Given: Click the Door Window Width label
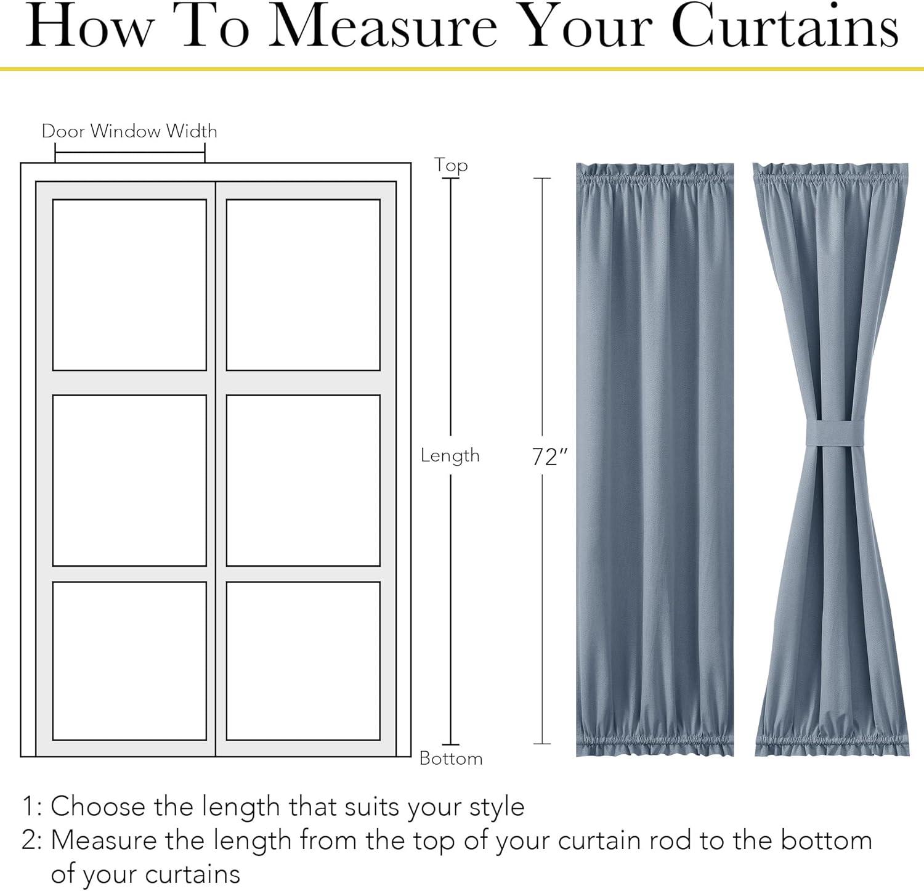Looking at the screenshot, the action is (129, 131).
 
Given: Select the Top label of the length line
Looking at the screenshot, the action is (451, 165).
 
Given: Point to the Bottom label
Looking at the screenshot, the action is (451, 758).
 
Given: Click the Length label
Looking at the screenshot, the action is (450, 455).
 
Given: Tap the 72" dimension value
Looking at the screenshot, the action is (549, 457).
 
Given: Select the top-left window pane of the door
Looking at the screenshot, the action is (129, 285).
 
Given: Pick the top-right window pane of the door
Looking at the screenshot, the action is (303, 285).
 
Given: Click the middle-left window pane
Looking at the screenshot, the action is (129, 480).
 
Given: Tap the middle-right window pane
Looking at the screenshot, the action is (303, 480).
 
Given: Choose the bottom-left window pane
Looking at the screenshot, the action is (129, 661).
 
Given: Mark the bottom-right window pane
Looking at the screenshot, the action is (303, 661).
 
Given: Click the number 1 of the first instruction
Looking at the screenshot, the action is (28, 807).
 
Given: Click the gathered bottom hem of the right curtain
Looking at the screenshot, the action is (832, 742).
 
